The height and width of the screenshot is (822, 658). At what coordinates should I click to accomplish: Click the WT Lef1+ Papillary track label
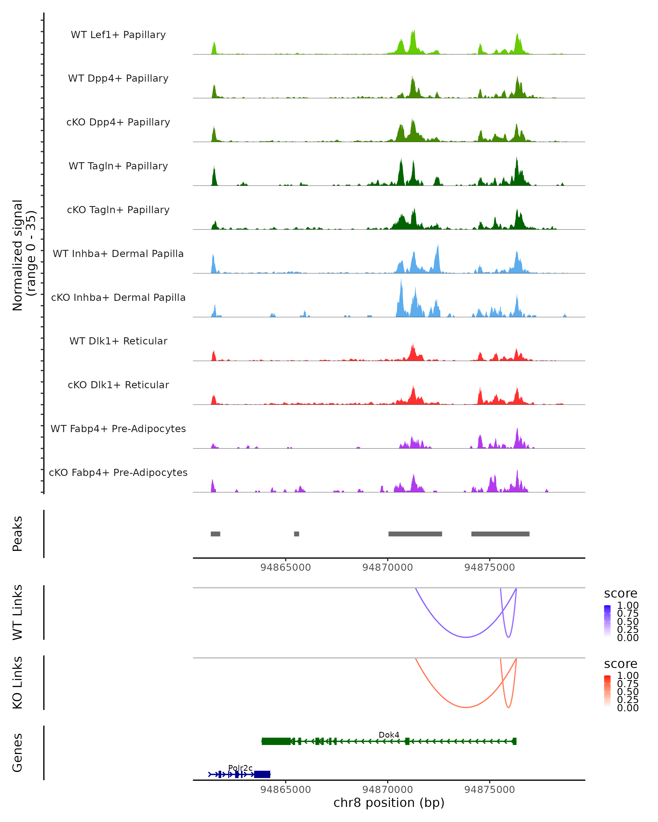tap(118, 35)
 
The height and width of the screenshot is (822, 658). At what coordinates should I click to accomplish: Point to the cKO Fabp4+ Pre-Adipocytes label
tap(118, 472)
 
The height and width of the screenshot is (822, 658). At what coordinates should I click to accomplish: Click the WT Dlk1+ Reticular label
tap(118, 341)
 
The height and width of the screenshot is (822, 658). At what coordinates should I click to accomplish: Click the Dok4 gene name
tap(389, 735)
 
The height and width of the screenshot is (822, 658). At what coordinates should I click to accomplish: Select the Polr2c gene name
tap(240, 768)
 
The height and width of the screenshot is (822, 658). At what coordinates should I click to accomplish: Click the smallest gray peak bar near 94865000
tap(296, 534)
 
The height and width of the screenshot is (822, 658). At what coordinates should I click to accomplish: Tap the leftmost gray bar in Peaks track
tap(215, 534)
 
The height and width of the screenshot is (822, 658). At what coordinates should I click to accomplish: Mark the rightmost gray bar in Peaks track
tap(500, 534)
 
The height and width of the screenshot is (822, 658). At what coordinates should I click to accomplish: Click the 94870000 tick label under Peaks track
tap(388, 567)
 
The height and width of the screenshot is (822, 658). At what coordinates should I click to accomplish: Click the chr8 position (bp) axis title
tap(389, 803)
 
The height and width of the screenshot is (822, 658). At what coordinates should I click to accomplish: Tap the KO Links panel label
tap(18, 683)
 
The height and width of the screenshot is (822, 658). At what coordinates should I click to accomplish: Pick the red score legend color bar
tap(607, 691)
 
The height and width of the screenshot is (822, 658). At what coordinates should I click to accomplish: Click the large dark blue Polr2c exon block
tap(262, 774)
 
